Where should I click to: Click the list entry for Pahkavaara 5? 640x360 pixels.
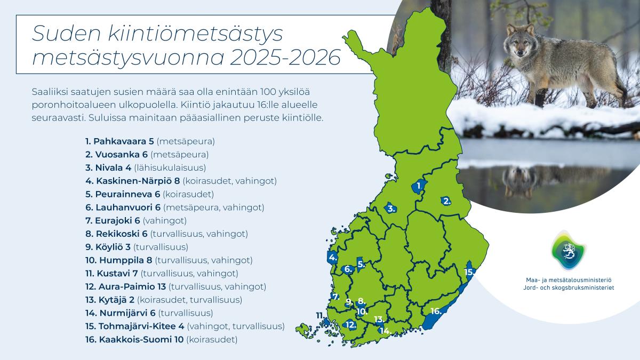(x=150, y=142)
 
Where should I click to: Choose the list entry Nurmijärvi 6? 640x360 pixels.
(x=149, y=313)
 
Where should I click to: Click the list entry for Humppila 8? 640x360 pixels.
(x=169, y=260)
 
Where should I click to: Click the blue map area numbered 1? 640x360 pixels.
(x=417, y=187)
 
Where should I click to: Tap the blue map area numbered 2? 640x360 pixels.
(x=445, y=201)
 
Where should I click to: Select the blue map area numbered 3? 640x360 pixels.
(x=389, y=209)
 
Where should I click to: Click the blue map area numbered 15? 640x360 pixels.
(x=470, y=269)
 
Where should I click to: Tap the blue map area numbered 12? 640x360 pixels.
(x=350, y=324)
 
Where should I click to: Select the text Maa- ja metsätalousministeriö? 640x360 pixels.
(x=569, y=279)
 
